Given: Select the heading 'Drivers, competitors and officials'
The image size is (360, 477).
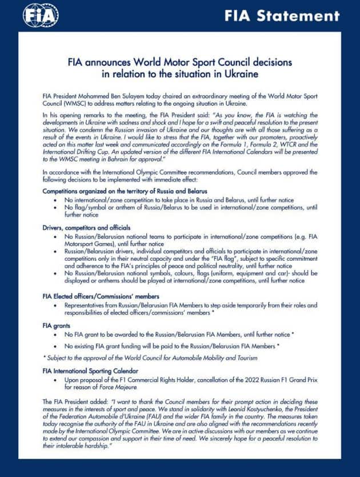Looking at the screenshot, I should pos(87,228).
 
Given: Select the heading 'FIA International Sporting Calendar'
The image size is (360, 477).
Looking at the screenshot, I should pos(96,371).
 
